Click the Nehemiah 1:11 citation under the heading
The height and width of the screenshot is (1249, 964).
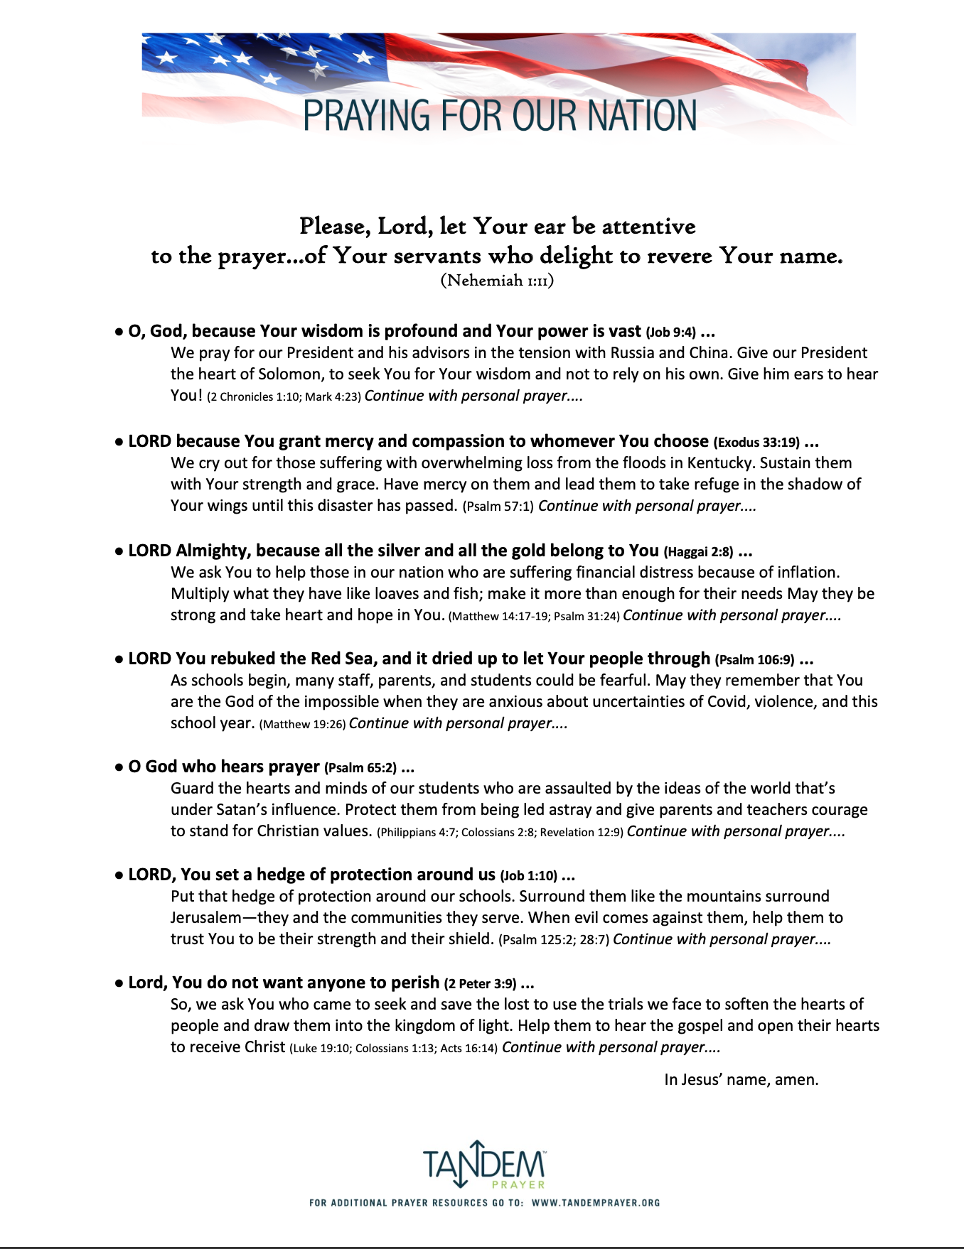pyautogui.click(x=497, y=281)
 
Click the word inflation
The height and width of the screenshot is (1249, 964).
pyautogui.click(x=803, y=573)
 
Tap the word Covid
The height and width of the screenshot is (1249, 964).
pyautogui.click(x=727, y=702)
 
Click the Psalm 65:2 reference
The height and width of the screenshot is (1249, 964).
pyautogui.click(x=360, y=768)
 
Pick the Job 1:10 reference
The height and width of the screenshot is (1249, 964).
pyautogui.click(x=528, y=876)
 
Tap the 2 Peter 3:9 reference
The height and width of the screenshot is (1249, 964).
pyautogui.click(x=480, y=984)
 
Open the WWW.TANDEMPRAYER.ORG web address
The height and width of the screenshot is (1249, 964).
pyautogui.click(x=596, y=1203)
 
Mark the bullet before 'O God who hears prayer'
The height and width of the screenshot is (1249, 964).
pyautogui.click(x=119, y=767)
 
